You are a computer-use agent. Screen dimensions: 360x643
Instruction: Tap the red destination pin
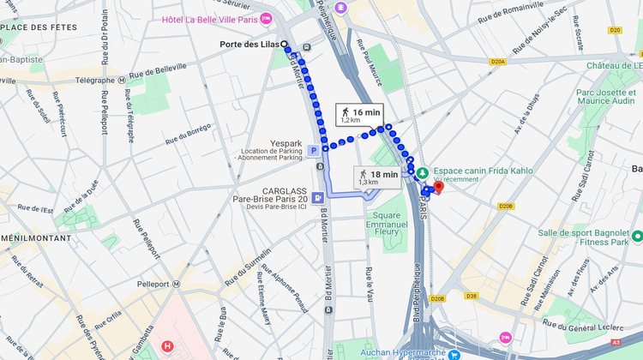coord(437,187)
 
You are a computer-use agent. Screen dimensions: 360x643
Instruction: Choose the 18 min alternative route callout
coord(378,177)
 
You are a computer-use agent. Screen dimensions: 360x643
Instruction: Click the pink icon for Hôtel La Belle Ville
coord(266,18)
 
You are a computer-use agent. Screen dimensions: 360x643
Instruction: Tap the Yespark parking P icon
coord(314,150)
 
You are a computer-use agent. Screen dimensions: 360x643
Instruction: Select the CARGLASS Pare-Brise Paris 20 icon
coord(318,196)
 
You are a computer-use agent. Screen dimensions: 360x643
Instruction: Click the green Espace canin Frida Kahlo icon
coord(421,171)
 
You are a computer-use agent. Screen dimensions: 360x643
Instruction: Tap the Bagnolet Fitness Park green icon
coord(637,235)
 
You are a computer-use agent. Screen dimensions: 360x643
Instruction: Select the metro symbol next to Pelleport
coord(176,284)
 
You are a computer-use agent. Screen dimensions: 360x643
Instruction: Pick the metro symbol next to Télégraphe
coord(123,80)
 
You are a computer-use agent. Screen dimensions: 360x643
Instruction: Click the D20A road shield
coord(498,61)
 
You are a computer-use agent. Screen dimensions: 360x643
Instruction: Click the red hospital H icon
coord(167,347)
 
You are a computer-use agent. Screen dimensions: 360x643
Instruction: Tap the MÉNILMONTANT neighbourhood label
coord(35,237)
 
